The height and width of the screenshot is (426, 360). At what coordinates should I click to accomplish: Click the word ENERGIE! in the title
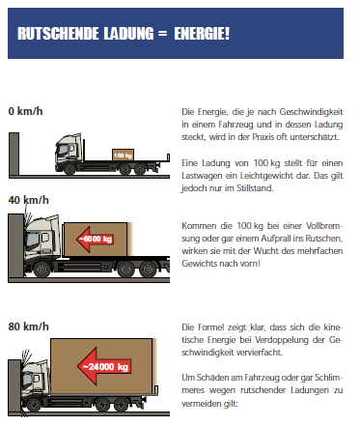click(202, 34)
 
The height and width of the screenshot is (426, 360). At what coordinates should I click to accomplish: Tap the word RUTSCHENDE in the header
click(58, 34)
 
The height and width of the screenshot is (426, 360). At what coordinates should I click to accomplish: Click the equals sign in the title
click(163, 34)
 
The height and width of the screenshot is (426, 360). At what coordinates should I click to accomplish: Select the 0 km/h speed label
click(25, 111)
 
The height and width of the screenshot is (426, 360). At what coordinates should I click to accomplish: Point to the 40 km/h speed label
click(29, 200)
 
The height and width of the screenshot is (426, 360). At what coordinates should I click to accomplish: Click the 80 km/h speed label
click(29, 327)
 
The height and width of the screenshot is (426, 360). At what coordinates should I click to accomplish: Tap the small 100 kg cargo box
click(123, 155)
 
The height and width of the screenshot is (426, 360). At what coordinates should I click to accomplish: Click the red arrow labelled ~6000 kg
click(95, 239)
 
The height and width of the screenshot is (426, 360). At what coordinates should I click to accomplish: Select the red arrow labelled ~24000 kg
click(105, 366)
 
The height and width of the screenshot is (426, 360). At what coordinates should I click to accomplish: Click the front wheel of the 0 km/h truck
click(69, 169)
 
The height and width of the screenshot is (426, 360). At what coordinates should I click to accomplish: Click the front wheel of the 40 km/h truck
click(42, 270)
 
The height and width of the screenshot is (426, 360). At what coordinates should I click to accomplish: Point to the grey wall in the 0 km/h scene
click(14, 154)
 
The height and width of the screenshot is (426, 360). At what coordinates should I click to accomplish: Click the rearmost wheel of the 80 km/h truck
click(121, 405)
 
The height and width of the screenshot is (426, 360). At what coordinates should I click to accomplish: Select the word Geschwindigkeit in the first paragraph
click(311, 112)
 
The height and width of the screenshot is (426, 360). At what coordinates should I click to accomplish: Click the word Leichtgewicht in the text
click(275, 176)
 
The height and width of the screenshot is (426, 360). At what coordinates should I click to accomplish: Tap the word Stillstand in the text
click(255, 188)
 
